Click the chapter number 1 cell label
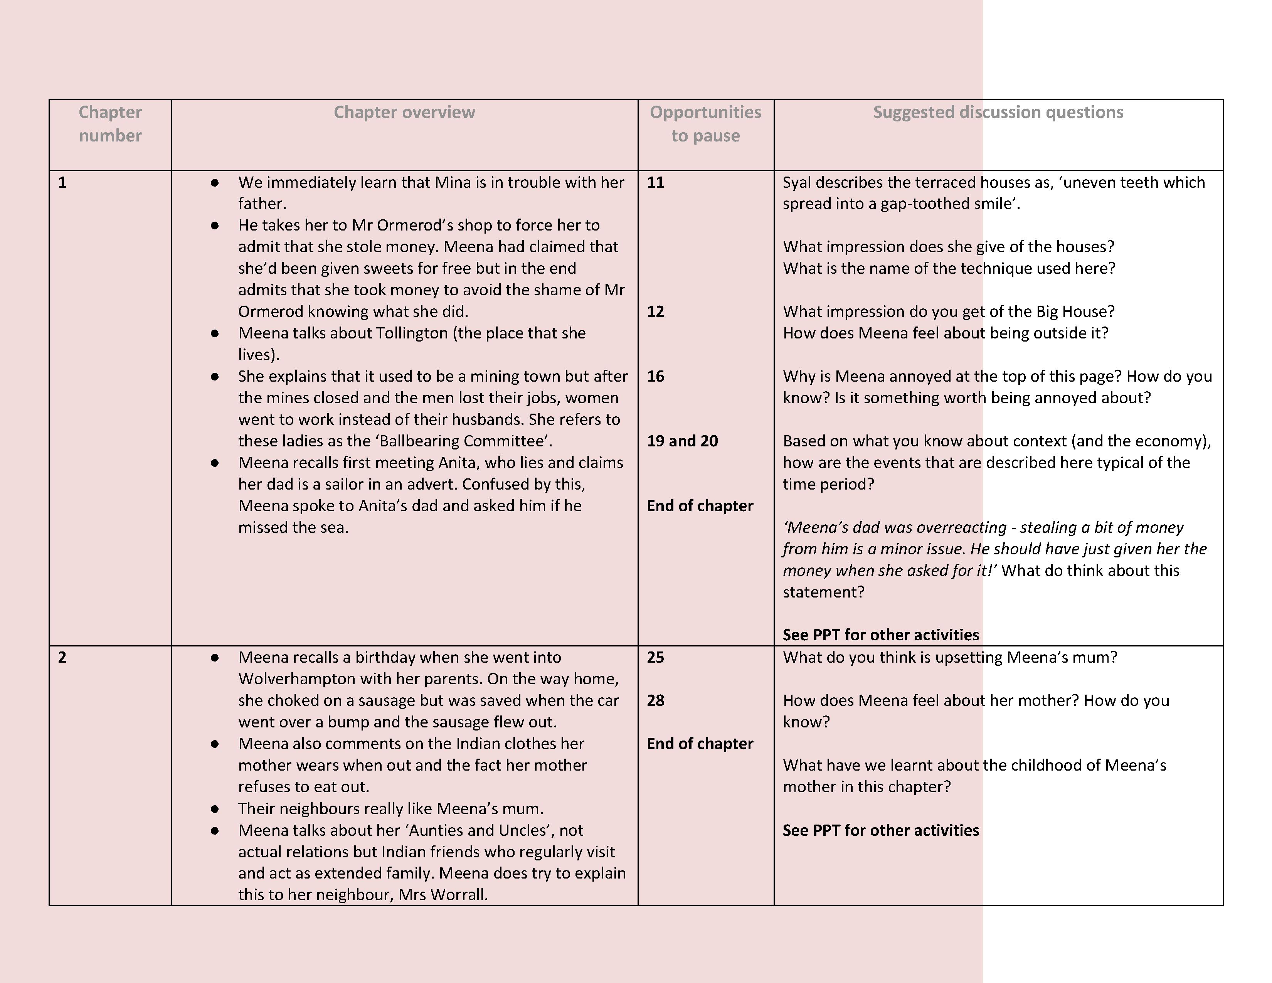[x=62, y=182]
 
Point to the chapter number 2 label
[x=62, y=658]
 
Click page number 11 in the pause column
[x=655, y=182]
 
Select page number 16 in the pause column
[x=655, y=376]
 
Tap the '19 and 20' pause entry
[x=682, y=441]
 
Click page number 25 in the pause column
[x=655, y=658]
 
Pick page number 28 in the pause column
[x=655, y=700]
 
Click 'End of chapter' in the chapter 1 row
[x=700, y=505]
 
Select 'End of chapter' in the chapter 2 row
[x=700, y=744]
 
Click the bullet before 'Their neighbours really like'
[x=215, y=809]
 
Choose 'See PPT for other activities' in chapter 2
[x=880, y=830]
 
